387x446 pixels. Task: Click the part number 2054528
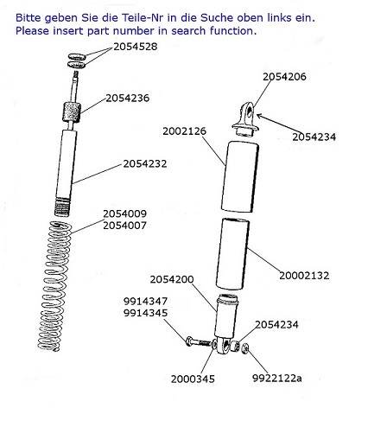[136, 47]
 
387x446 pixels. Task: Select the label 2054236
[128, 99]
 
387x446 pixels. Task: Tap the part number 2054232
[145, 164]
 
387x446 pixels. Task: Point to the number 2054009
[125, 213]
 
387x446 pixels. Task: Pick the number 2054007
[125, 226]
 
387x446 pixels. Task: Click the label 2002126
[185, 131]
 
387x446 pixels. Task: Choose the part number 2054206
[284, 77]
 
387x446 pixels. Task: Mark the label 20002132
[304, 276]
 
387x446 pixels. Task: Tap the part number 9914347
[145, 302]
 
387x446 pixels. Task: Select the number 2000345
[193, 379]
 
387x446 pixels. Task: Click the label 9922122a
[277, 378]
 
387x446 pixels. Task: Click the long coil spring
[54, 285]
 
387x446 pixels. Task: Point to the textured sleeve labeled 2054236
[72, 112]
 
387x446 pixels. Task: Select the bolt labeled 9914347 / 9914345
[198, 342]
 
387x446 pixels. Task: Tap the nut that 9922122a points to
[245, 348]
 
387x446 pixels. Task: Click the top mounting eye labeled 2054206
[245, 118]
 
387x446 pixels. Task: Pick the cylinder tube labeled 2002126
[240, 176]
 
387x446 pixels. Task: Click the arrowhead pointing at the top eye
[259, 116]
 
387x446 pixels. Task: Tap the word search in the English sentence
[188, 31]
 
